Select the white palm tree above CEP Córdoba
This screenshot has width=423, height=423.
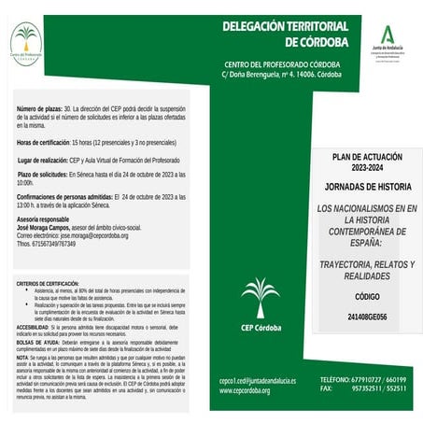tap(261, 297)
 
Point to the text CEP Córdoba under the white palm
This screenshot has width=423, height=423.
tap(261, 328)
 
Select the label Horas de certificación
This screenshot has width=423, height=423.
tap(43, 142)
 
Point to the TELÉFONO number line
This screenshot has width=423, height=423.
tap(362, 380)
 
